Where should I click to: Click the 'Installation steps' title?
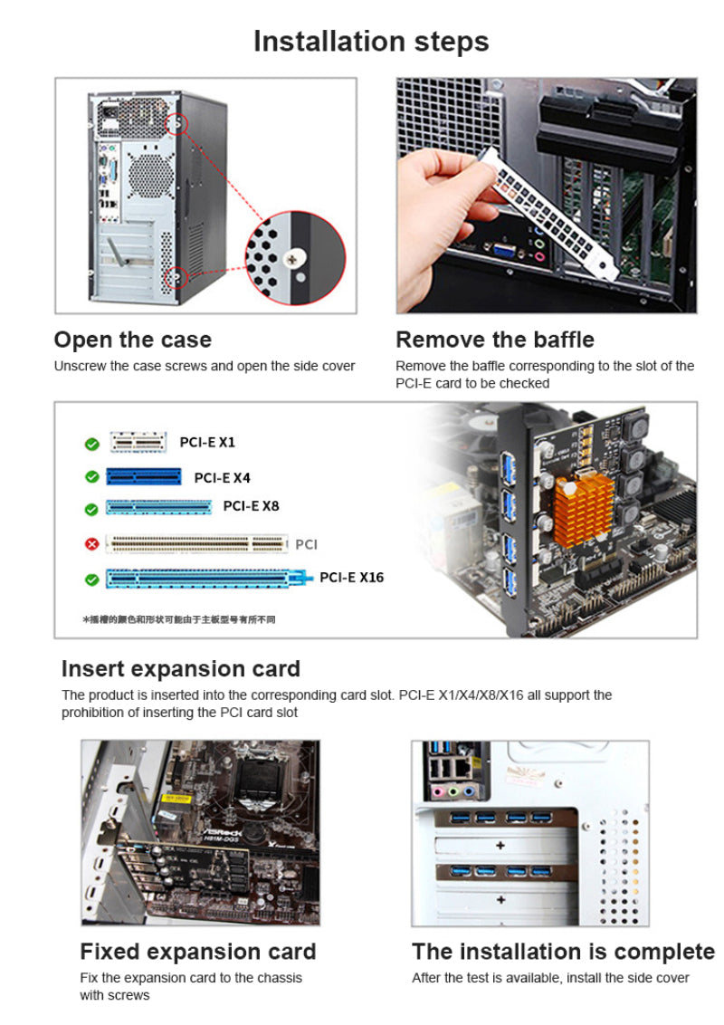(371, 42)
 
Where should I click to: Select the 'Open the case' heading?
(133, 340)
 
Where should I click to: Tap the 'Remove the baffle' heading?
(495, 340)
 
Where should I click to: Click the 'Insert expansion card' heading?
(180, 669)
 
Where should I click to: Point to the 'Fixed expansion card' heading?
(198, 952)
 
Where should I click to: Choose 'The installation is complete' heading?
(563, 952)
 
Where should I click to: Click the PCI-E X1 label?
(207, 443)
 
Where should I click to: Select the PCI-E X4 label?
(222, 477)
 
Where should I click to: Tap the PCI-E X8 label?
(251, 506)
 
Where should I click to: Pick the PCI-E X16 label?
(351, 578)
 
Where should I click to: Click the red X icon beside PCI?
(91, 545)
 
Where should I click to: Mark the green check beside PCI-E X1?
(91, 444)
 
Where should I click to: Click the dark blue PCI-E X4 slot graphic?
(144, 477)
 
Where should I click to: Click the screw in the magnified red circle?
(291, 260)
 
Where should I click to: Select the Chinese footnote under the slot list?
(178, 619)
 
